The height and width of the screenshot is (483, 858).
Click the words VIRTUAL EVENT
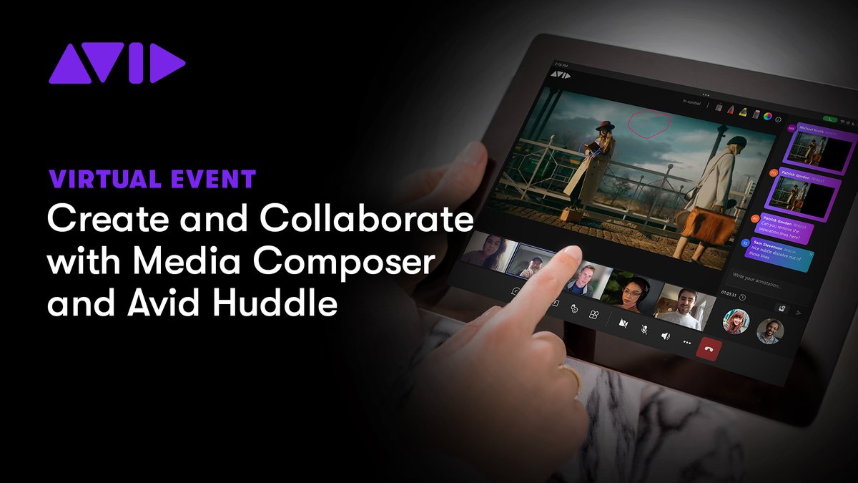tap(152, 179)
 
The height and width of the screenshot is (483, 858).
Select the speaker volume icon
tap(666, 336)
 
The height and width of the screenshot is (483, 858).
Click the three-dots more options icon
tap(687, 343)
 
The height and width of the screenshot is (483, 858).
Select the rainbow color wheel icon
tap(768, 114)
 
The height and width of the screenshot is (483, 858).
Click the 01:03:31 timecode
tap(729, 294)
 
